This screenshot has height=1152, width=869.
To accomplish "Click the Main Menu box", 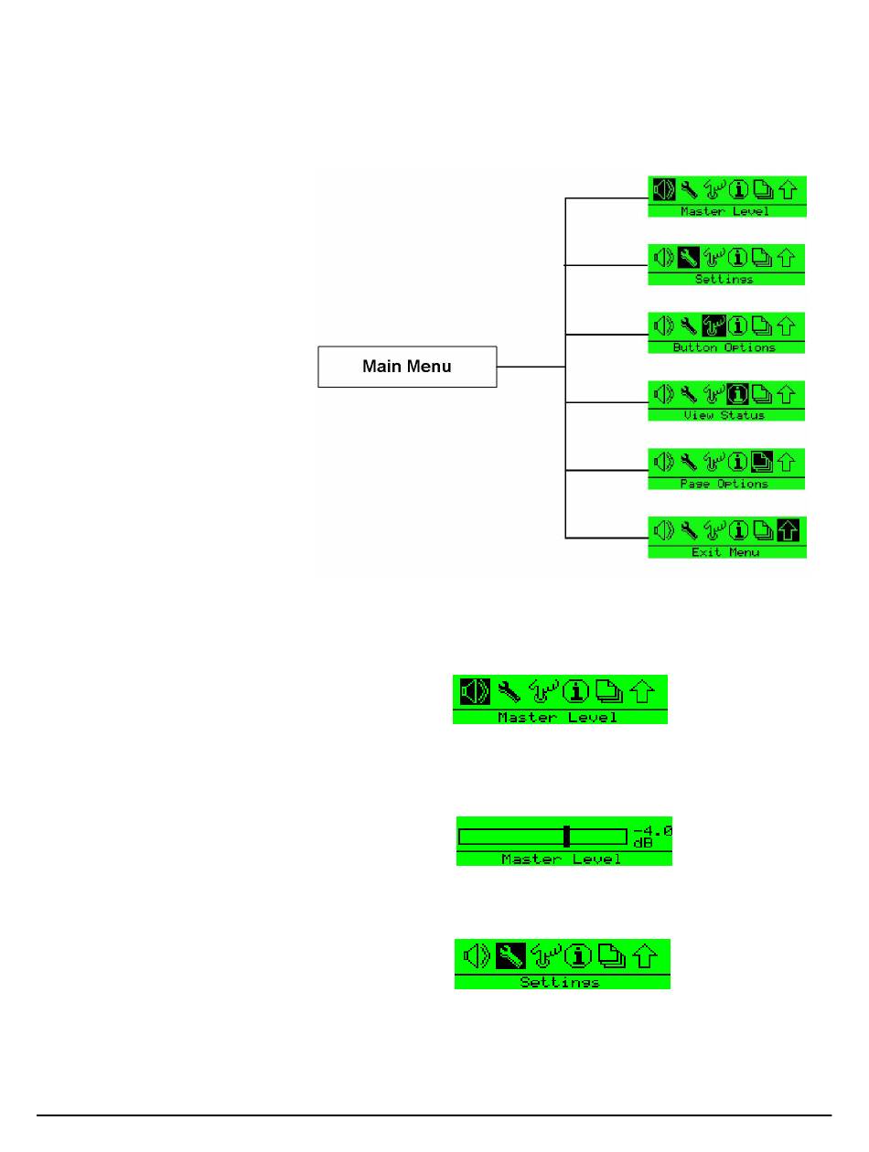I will pyautogui.click(x=407, y=367).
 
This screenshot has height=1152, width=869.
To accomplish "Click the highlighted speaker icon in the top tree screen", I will pyautogui.click(x=664, y=190).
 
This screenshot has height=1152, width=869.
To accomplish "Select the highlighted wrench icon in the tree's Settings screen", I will pyautogui.click(x=689, y=258).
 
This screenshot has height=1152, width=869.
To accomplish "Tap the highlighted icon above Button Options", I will pyautogui.click(x=713, y=325).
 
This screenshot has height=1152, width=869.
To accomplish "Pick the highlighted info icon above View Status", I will pyautogui.click(x=738, y=394).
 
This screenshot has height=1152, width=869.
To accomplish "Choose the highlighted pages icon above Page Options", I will pyautogui.click(x=762, y=462).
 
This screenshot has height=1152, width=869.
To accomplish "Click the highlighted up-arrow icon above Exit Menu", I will pyautogui.click(x=787, y=530).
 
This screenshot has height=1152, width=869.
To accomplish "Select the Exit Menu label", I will pyautogui.click(x=725, y=552).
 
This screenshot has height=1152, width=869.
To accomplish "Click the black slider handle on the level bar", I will pyautogui.click(x=567, y=836).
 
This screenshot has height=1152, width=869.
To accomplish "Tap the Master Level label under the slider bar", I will pyautogui.click(x=562, y=859).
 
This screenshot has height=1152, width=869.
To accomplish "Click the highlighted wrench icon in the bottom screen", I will pyautogui.click(x=510, y=956).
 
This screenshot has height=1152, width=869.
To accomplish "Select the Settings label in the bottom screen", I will pyautogui.click(x=560, y=982).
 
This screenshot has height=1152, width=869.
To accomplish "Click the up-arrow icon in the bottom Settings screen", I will pyautogui.click(x=646, y=956).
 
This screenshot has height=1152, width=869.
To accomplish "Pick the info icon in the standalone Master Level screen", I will pyautogui.click(x=575, y=691).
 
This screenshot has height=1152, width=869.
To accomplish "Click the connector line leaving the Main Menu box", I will pyautogui.click(x=531, y=367).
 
